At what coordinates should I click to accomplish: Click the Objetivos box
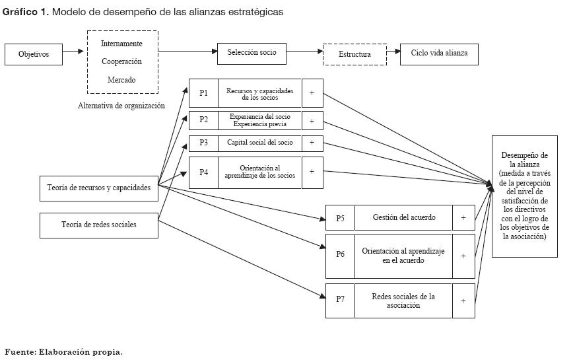point(34,54)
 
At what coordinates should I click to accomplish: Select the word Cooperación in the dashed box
point(121,61)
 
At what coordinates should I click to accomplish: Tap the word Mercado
point(121,80)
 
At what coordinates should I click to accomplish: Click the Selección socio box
point(252,53)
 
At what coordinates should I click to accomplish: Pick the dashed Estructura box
point(354,54)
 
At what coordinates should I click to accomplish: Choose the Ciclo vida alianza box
point(439,54)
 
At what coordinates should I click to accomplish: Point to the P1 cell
point(203,93)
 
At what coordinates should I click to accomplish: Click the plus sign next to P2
point(312,120)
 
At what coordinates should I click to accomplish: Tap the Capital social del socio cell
point(259,143)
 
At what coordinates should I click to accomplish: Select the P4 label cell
point(203,172)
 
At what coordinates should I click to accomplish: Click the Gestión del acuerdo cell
point(403,217)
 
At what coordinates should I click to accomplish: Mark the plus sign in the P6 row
point(463,256)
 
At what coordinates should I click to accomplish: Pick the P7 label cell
point(340,300)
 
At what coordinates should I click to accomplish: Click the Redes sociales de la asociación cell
point(403,301)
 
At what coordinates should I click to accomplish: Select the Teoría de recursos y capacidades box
point(99,188)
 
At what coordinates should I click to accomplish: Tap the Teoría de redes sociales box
point(99,225)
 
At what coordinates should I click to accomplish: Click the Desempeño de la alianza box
point(524,196)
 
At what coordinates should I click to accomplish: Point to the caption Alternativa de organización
point(121,106)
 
